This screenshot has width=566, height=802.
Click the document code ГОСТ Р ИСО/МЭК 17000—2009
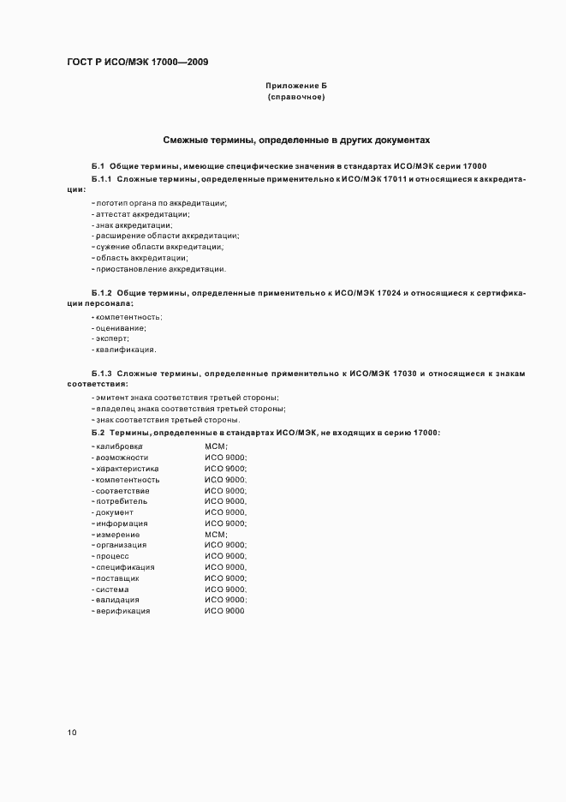click(136, 63)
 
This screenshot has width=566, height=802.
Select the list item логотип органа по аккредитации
click(160, 202)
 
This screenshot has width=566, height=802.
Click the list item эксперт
click(110, 338)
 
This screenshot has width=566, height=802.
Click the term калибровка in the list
click(119, 447)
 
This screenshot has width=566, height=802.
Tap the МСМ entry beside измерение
click(216, 535)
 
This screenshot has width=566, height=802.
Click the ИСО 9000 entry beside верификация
click(223, 611)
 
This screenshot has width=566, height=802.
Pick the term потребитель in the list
click(122, 501)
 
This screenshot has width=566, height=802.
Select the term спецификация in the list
click(125, 567)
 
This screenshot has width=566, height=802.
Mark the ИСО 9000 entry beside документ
click(225, 512)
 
